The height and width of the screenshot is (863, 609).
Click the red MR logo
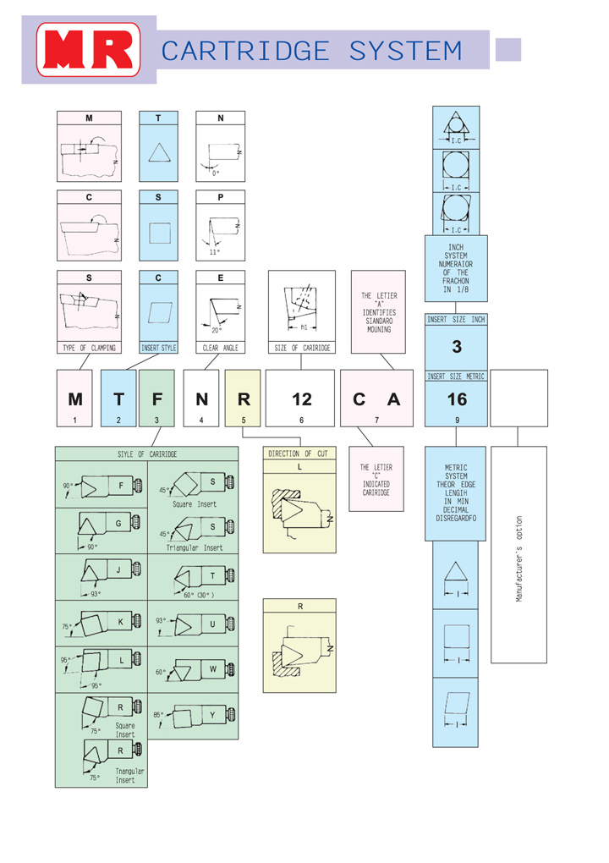[x=89, y=50]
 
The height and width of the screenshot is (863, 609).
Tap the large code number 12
[x=301, y=400]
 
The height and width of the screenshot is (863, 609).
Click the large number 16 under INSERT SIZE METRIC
[x=457, y=400]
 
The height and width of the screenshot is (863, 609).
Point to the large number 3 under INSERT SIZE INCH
[x=457, y=347]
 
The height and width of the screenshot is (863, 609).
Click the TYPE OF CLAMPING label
[x=89, y=348]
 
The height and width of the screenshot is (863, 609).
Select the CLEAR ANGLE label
[x=221, y=348]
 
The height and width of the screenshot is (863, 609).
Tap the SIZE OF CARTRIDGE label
[x=301, y=348]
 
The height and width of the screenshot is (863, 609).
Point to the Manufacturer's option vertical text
[x=518, y=555]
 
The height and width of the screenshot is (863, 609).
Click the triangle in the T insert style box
[x=159, y=152]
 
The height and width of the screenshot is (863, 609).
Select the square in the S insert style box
[x=159, y=232]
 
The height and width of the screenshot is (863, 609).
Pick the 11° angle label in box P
[x=214, y=251]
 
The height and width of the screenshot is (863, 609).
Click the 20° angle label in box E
[x=217, y=330]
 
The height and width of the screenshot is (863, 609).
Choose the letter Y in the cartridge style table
[x=213, y=716]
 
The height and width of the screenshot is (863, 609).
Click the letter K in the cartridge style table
[x=121, y=623]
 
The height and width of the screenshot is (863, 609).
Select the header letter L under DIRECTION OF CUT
[x=299, y=466]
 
